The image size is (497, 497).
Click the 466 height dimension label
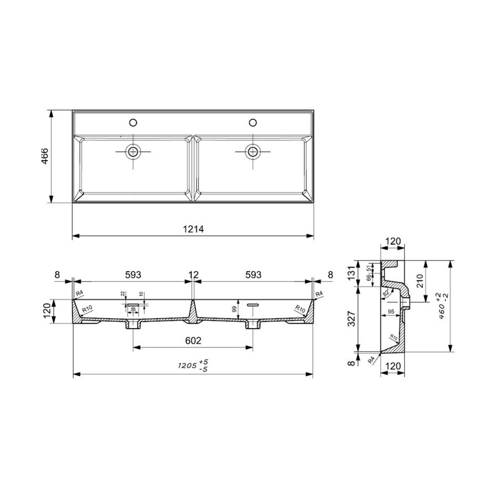45,156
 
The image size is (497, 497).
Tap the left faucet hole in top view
133,122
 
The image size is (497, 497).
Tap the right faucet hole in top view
253,122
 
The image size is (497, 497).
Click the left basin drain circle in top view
133,150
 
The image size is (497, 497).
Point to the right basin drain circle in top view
253,150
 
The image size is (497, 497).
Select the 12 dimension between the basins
192,274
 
